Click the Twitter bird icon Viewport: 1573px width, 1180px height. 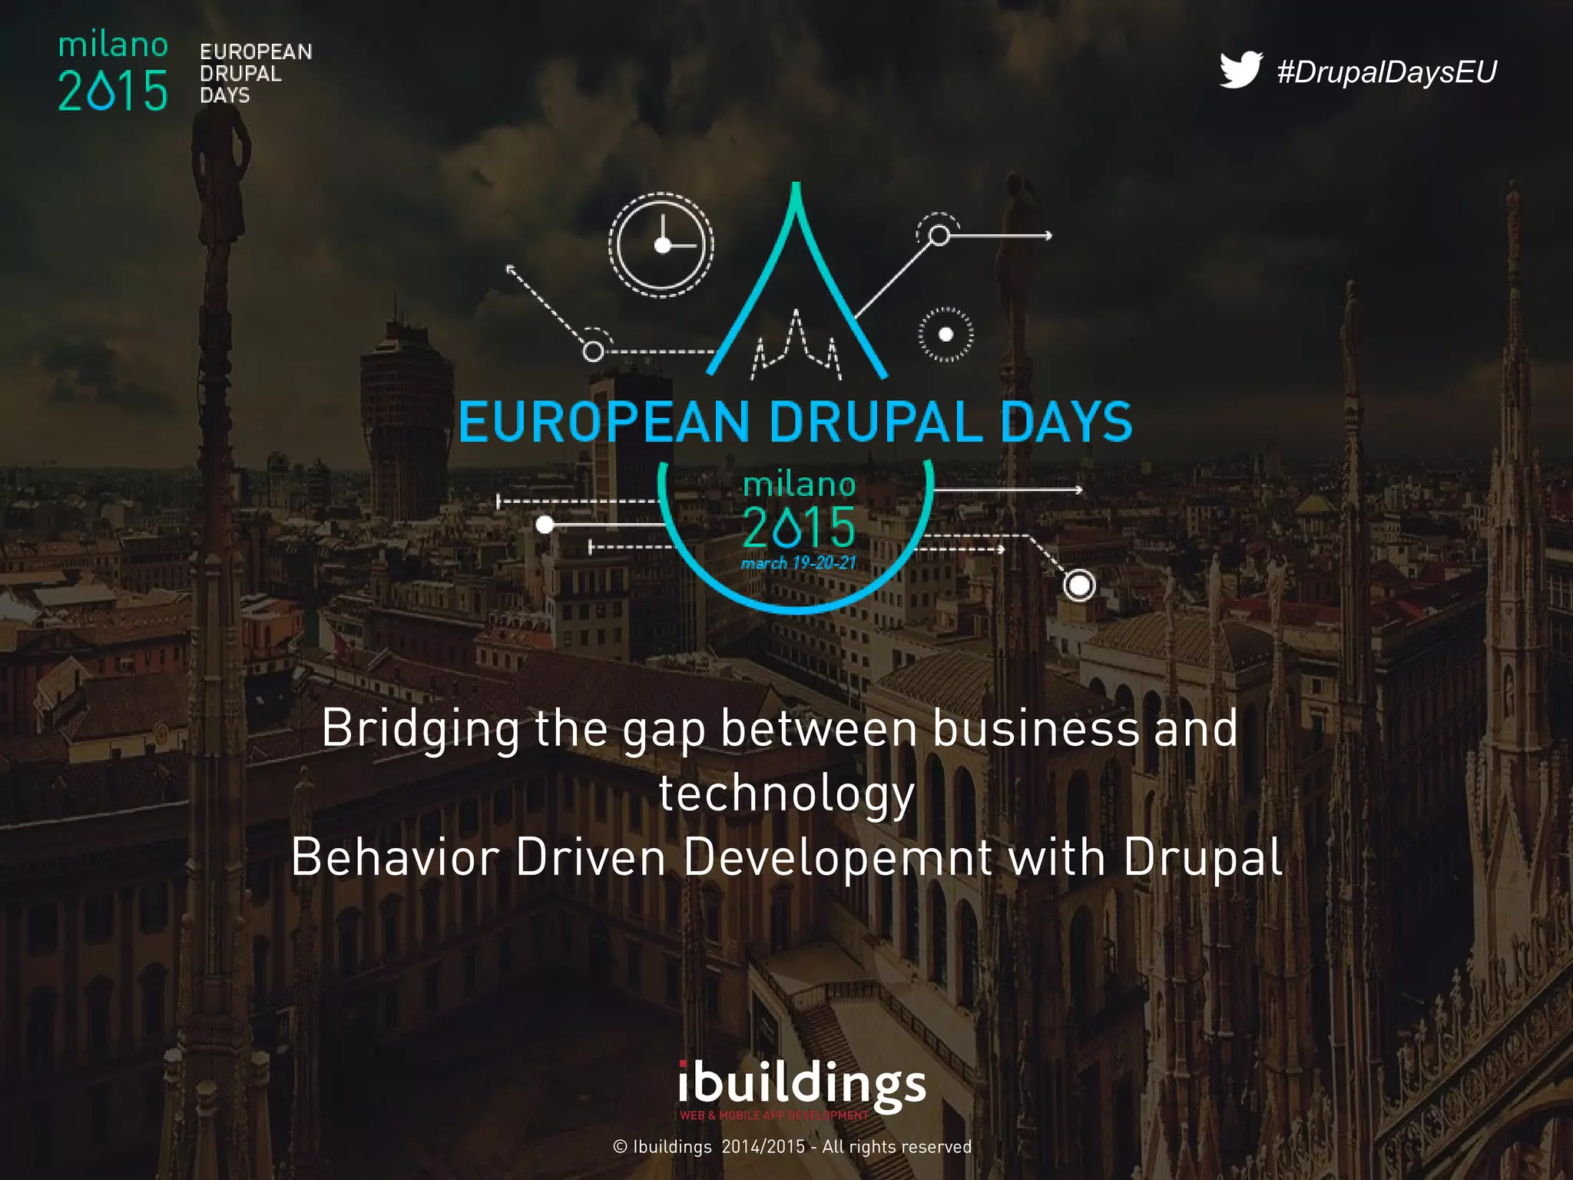(x=1240, y=70)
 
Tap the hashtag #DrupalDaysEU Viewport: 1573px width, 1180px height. (x=1387, y=71)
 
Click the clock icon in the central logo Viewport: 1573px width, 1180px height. (x=661, y=245)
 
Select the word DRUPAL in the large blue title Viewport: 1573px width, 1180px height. (x=875, y=423)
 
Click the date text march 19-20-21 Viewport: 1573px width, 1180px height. (x=798, y=563)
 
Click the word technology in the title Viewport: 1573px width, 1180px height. (x=787, y=794)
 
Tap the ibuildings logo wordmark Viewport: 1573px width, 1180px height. (x=802, y=1084)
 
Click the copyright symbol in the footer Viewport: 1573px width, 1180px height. (x=621, y=1147)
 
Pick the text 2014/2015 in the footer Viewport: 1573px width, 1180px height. (x=763, y=1147)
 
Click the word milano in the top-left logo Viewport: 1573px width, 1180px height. (x=113, y=45)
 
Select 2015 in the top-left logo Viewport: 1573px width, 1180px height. (x=113, y=91)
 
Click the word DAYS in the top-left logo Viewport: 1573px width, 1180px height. (x=225, y=95)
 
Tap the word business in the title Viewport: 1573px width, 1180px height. (x=1036, y=729)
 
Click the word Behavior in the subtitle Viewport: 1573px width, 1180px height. (x=396, y=857)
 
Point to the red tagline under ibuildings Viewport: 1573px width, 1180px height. (x=773, y=1115)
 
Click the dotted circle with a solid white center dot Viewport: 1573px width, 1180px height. (x=945, y=334)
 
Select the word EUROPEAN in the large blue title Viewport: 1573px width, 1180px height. (x=604, y=423)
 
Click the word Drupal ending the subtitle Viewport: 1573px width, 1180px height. (x=1203, y=857)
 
